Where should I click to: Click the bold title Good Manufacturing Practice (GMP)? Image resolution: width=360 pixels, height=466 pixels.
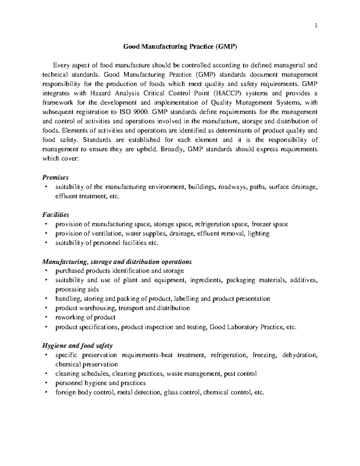tap(180, 47)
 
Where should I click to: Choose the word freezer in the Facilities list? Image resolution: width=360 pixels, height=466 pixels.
tap(262, 224)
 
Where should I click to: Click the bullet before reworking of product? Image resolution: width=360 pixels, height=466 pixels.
tap(46, 317)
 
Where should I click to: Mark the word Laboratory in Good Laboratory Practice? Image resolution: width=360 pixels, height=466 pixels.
tap(241, 327)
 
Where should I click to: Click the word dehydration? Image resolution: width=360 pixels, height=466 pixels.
tap(299, 355)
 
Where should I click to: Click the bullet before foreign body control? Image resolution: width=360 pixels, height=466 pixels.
tap(46, 392)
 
